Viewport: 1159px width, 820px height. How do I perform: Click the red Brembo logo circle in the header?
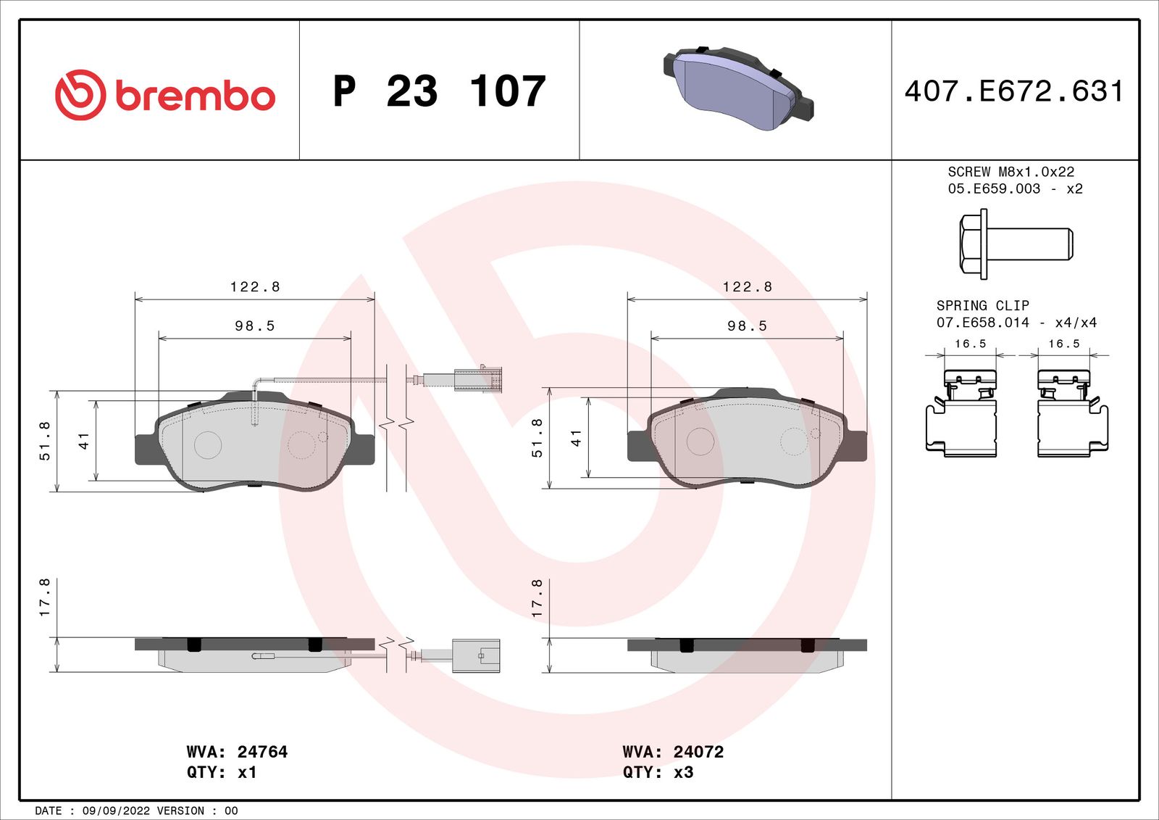[x=80, y=95]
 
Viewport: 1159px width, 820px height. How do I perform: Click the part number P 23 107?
[x=439, y=91]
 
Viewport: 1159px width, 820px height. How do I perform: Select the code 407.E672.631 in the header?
[x=1014, y=91]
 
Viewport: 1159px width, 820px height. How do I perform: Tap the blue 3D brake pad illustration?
[x=738, y=87]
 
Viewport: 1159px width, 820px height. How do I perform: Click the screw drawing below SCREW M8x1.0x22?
[x=1016, y=244]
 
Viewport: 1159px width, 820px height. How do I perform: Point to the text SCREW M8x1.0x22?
[x=1011, y=171]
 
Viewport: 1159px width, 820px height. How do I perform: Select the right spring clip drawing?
[x=1073, y=413]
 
